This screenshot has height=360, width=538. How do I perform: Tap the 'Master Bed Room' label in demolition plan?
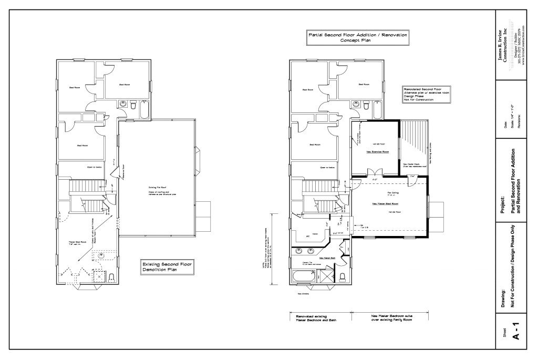[78, 242]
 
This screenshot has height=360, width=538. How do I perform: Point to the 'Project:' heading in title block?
[503, 203]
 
